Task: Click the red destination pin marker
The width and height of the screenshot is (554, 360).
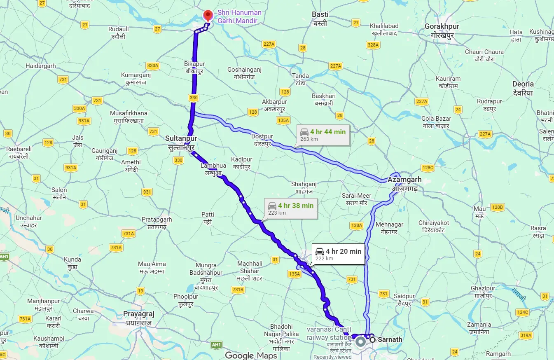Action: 208,16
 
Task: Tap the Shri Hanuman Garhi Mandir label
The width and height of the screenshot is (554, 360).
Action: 239,16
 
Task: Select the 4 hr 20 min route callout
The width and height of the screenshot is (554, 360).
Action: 338,254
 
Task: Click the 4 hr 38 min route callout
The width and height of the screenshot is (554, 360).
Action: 290,208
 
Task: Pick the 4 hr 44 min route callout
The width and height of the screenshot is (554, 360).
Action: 323,135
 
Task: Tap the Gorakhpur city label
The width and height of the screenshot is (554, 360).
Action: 442,30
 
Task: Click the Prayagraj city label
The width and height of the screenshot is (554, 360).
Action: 139,318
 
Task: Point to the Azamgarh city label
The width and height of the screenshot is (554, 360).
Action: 404,183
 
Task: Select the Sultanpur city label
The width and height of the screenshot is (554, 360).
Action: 182,142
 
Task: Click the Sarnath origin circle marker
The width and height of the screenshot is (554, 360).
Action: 372,340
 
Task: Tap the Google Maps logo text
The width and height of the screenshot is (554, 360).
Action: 251,355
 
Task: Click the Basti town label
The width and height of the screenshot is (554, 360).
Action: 320,19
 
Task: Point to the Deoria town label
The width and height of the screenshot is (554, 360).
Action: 523,88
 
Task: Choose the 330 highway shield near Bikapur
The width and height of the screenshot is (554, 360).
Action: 194,98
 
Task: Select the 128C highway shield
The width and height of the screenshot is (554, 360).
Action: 428,168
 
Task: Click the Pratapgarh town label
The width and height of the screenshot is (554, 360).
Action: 157,223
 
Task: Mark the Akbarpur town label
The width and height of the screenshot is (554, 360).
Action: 274,105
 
